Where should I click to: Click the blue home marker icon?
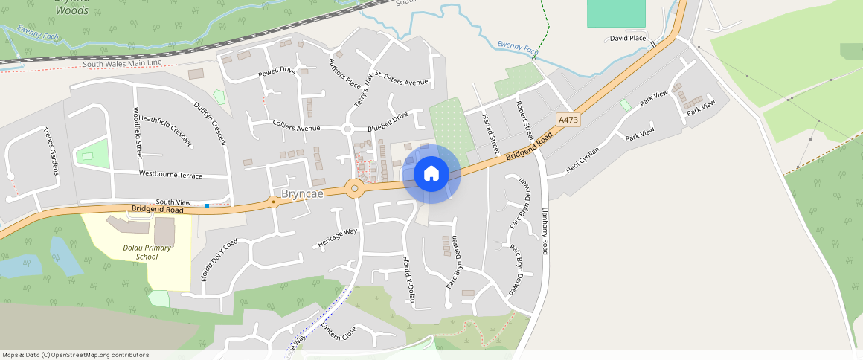coord(431,174)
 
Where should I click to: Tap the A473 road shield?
coord(568,119)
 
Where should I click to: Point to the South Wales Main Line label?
coord(122,64)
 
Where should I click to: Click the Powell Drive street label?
coord(277,72)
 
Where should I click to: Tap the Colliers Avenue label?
coord(296,128)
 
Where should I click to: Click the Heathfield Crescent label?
coord(165,129)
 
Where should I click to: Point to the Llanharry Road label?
coord(545,231)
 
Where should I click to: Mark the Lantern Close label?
coord(339,332)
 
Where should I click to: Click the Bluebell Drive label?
coord(388,119)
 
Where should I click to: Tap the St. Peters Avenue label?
coord(402,77)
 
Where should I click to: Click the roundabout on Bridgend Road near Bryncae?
coord(355,188)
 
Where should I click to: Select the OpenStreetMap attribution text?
coord(76,355)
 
